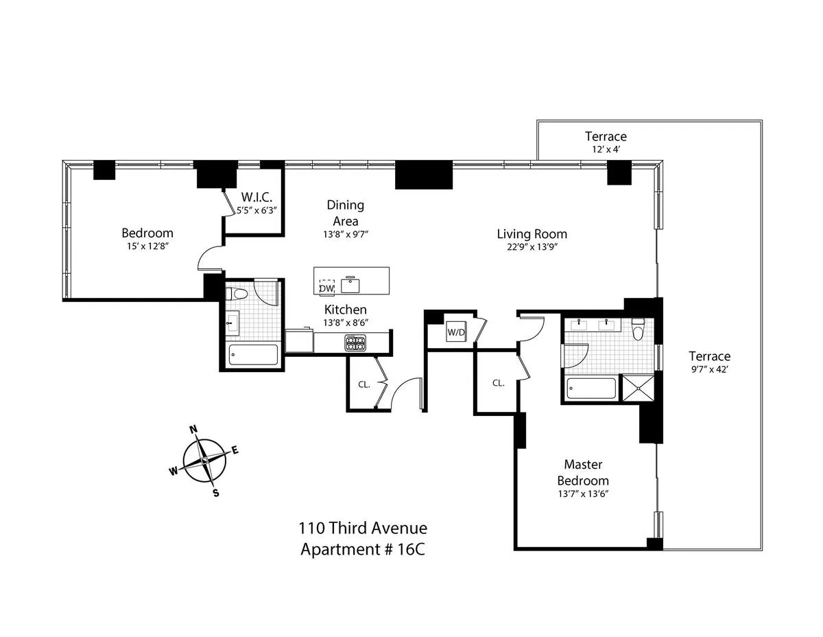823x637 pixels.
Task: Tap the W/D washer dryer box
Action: pyautogui.click(x=455, y=333)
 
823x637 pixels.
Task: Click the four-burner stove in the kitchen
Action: pyautogui.click(x=355, y=343)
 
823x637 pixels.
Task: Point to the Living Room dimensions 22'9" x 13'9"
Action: pyautogui.click(x=532, y=248)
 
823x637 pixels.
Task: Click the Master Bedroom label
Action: pyautogui.click(x=582, y=472)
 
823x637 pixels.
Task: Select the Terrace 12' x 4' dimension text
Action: pyautogui.click(x=606, y=149)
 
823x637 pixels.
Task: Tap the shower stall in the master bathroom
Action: pyautogui.click(x=638, y=389)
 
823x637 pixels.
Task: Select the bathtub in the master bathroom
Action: pyautogui.click(x=591, y=389)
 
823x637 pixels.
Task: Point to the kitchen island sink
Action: pyautogui.click(x=352, y=283)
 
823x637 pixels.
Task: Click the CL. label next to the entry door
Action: pyautogui.click(x=363, y=384)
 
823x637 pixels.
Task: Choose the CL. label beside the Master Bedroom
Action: pyautogui.click(x=498, y=383)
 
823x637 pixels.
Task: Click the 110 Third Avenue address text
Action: pyautogui.click(x=362, y=528)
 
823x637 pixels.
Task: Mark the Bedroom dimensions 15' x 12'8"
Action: pyautogui.click(x=147, y=247)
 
